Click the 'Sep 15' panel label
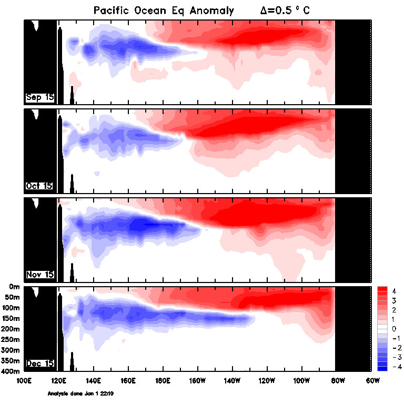[x=39, y=97]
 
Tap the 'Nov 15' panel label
[x=39, y=275]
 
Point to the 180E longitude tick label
[x=163, y=380]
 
